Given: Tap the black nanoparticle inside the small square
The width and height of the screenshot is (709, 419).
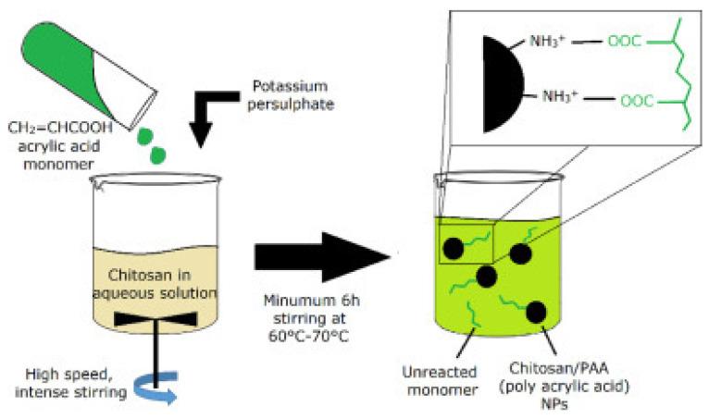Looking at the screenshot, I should click(454, 247).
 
